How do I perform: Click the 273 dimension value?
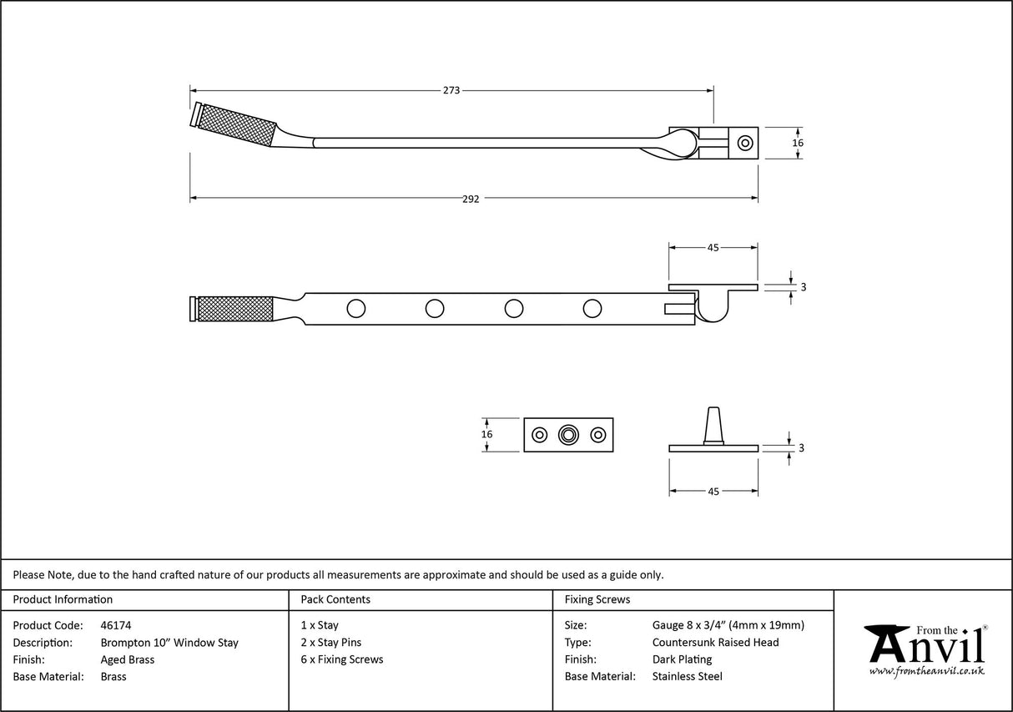tap(451, 90)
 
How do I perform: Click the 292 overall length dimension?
tap(471, 199)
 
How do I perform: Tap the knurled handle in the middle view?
tap(234, 309)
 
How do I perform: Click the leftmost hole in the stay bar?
tap(356, 309)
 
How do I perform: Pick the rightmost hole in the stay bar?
tap(592, 309)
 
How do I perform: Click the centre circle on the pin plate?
tap(569, 435)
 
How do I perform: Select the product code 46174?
tap(116, 625)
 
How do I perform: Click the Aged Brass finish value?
tap(128, 659)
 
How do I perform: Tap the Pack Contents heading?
tap(335, 599)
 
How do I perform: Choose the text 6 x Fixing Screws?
tap(342, 659)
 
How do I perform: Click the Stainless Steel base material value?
tap(688, 677)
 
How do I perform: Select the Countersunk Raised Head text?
tap(715, 643)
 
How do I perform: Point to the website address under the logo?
tap(926, 671)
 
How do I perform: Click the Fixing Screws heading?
tap(597, 599)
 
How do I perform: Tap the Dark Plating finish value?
tap(682, 659)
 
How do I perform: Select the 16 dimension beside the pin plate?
tap(487, 434)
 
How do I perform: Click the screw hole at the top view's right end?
tap(744, 143)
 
